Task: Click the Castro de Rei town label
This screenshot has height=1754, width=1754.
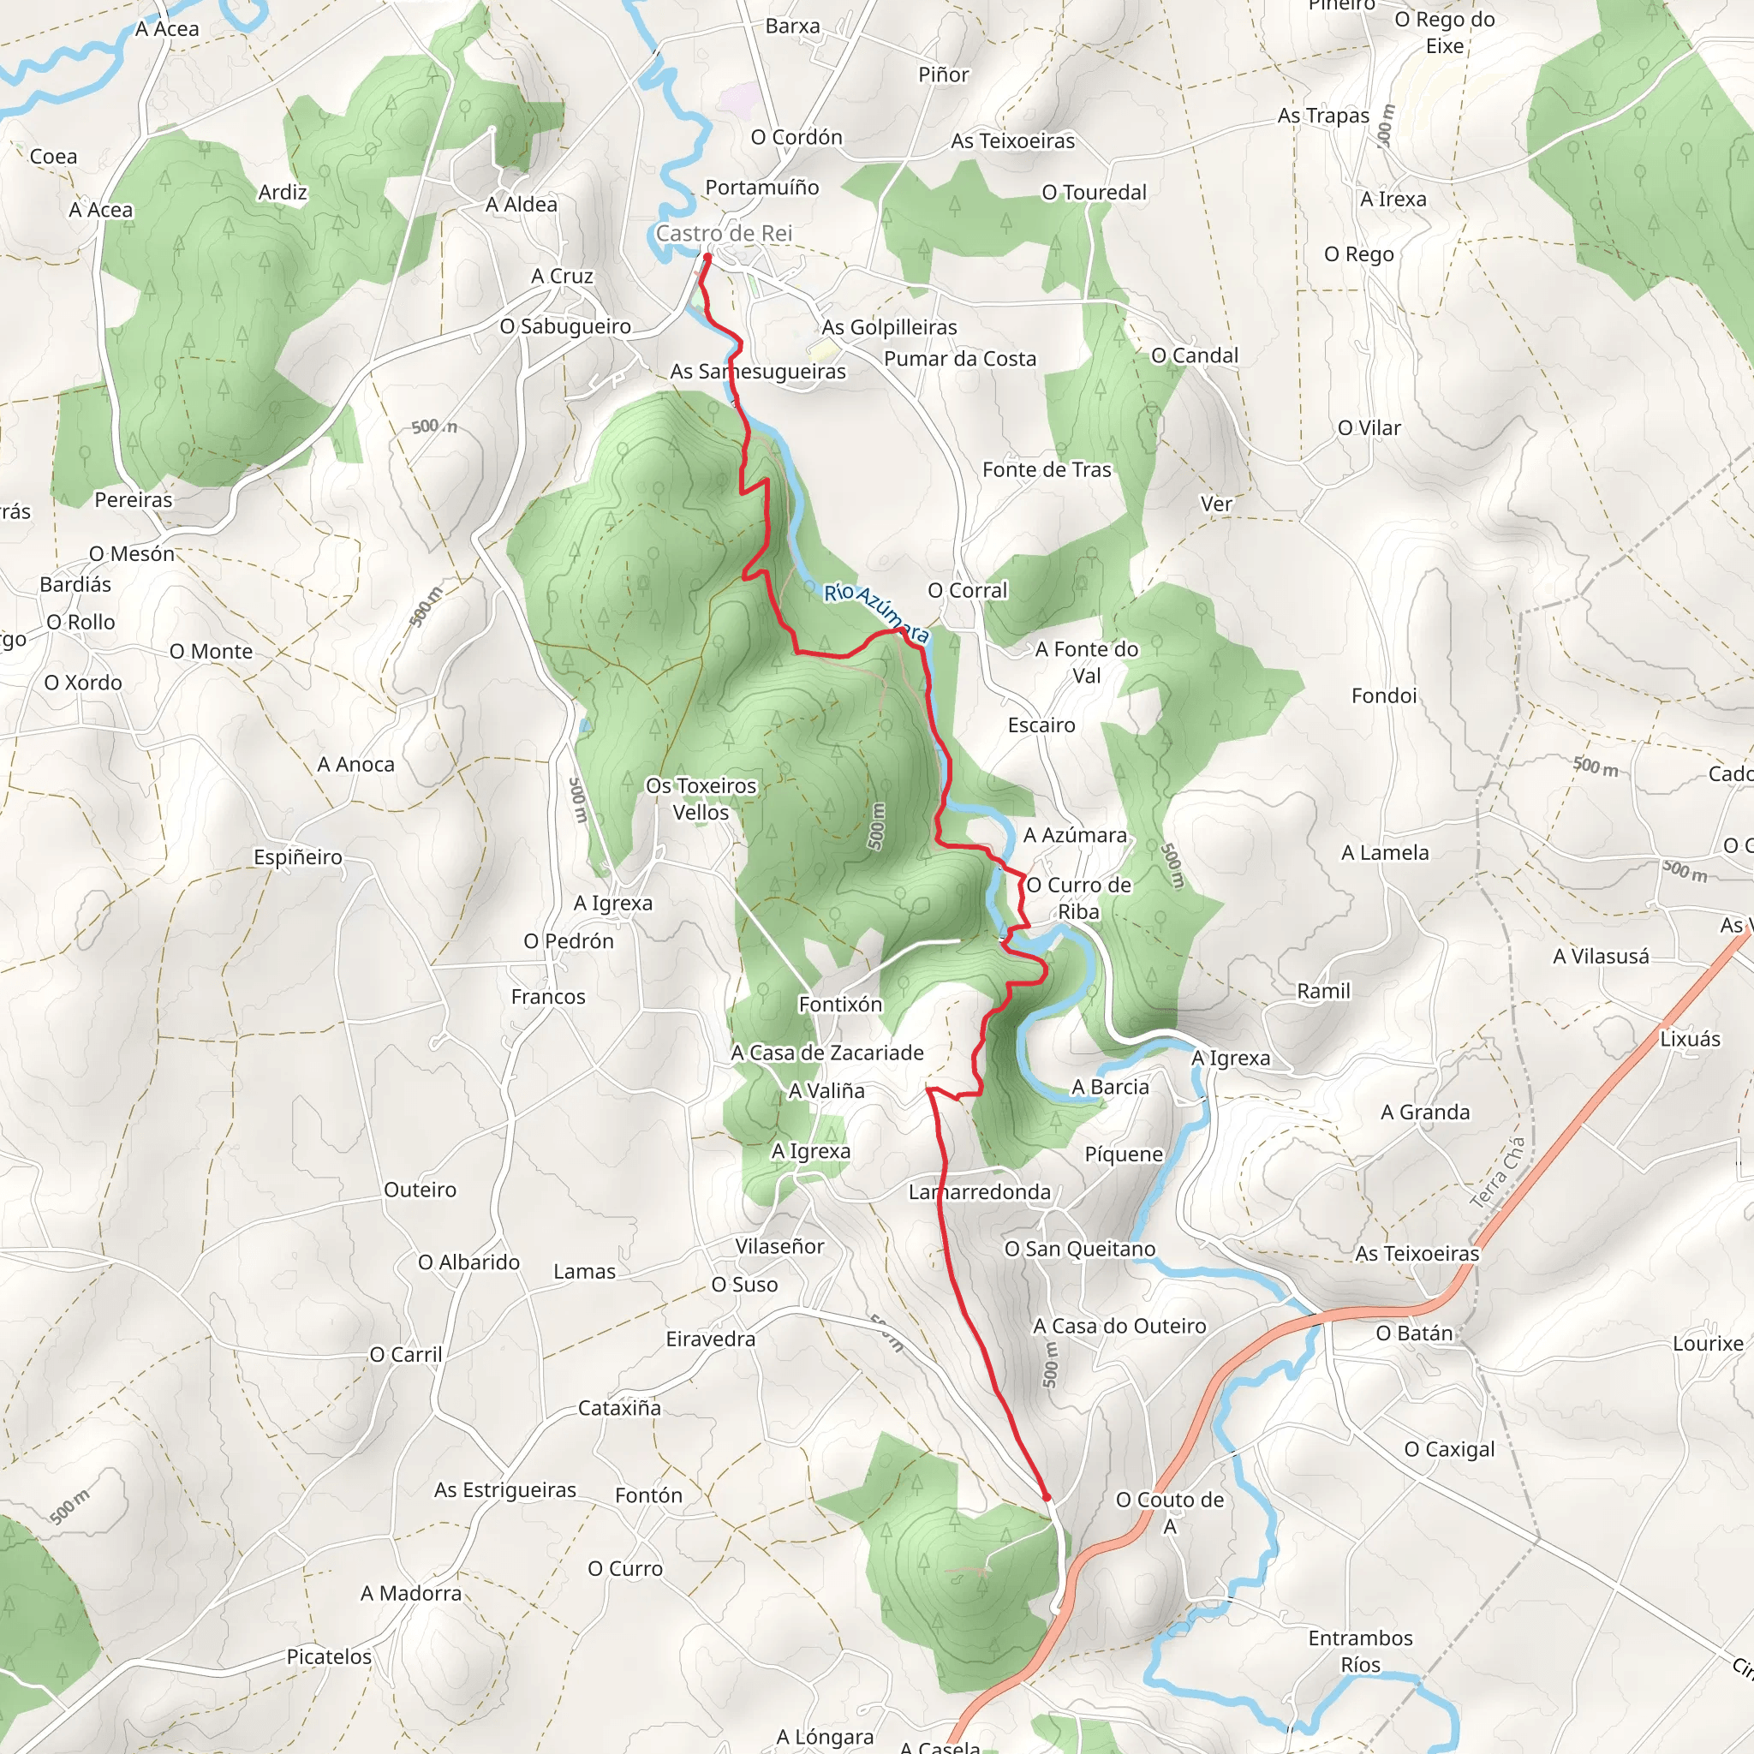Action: [x=724, y=233]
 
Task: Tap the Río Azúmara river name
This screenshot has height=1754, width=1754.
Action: [x=876, y=614]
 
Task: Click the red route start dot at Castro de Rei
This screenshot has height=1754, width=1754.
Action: [x=707, y=257]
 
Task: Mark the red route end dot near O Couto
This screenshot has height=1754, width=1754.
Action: [x=1046, y=1497]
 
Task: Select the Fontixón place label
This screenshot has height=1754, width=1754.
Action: [x=840, y=1004]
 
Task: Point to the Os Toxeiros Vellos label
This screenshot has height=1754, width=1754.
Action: [x=700, y=799]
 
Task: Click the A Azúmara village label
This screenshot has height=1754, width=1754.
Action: [x=1075, y=835]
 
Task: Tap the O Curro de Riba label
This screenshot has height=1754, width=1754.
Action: [x=1078, y=898]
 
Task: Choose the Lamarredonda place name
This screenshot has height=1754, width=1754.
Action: [x=980, y=1192]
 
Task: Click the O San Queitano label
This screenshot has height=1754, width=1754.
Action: [x=1079, y=1250]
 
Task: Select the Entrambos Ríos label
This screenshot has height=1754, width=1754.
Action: [x=1360, y=1650]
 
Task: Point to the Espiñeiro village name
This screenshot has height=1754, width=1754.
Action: [x=298, y=857]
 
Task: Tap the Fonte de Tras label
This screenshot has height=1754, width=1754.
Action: [x=1047, y=469]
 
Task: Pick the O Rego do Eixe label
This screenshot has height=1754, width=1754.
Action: [x=1445, y=32]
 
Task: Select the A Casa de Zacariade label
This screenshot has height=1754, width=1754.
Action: [x=827, y=1053]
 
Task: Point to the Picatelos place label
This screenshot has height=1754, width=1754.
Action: [x=329, y=1657]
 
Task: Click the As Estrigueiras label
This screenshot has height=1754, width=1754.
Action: [x=504, y=1490]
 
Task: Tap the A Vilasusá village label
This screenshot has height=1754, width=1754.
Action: [x=1601, y=956]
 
